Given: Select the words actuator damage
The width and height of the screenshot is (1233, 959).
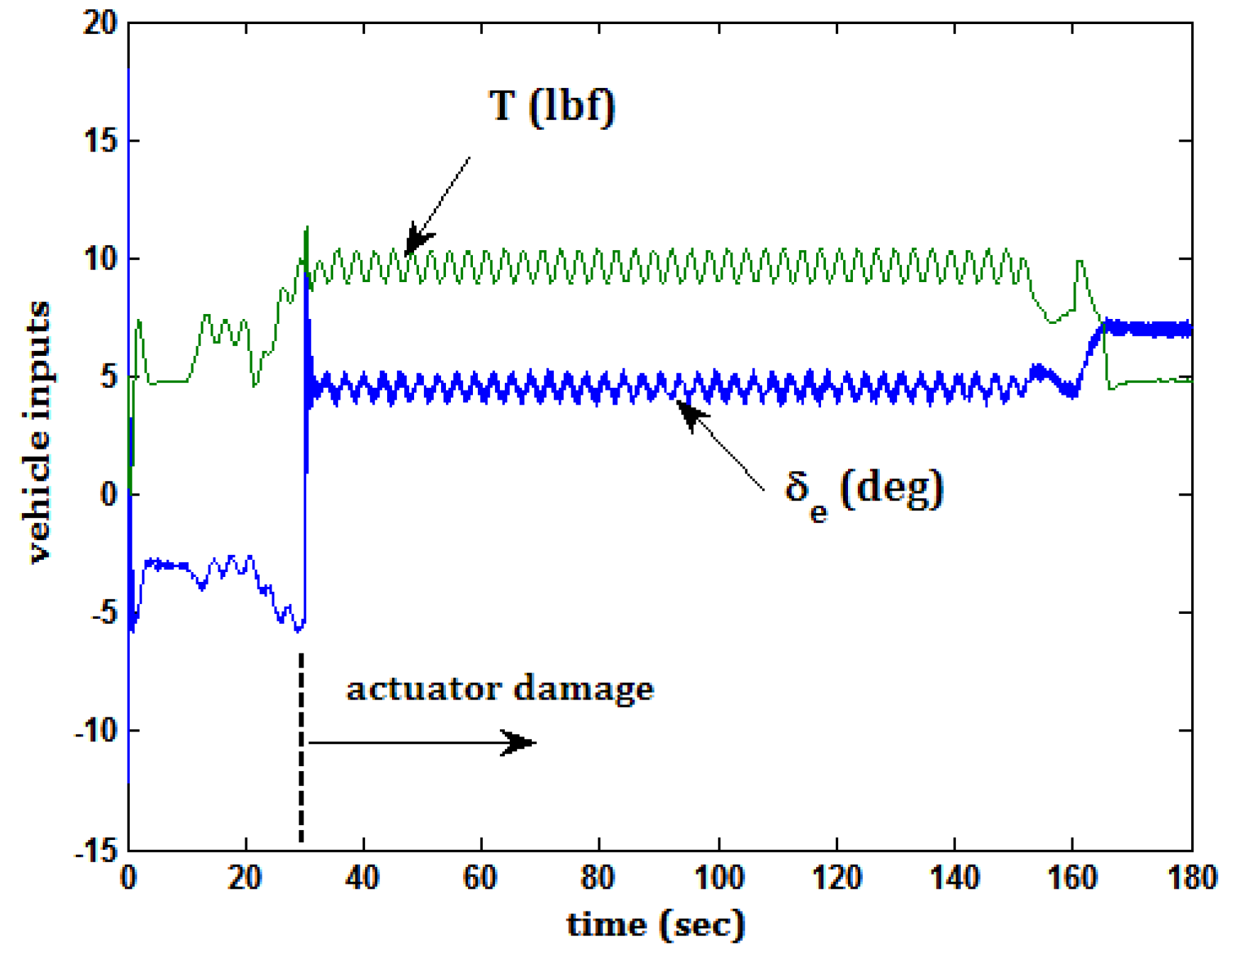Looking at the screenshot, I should (499, 688).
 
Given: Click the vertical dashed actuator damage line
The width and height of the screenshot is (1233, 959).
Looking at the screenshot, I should (301, 744).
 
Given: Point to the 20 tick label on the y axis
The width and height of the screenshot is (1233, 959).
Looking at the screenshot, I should (100, 23).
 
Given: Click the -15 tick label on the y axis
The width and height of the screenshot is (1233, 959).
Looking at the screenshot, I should (95, 849).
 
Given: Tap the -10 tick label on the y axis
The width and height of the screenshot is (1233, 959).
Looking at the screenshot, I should (95, 730).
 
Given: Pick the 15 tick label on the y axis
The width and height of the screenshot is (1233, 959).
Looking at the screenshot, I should (100, 140).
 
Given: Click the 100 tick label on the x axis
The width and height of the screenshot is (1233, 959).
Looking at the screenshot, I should (718, 877).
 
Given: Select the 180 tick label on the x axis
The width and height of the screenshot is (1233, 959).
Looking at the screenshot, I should (1191, 877).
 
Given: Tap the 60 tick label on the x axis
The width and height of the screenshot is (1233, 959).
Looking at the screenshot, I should (480, 877).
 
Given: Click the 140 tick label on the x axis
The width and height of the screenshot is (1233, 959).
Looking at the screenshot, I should (954, 877).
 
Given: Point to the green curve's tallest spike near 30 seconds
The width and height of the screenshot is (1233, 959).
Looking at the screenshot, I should (307, 228).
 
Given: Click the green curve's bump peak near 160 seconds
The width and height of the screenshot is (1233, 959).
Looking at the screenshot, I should (1079, 262).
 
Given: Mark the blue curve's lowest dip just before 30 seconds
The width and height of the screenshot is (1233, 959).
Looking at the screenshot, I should (299, 629).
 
